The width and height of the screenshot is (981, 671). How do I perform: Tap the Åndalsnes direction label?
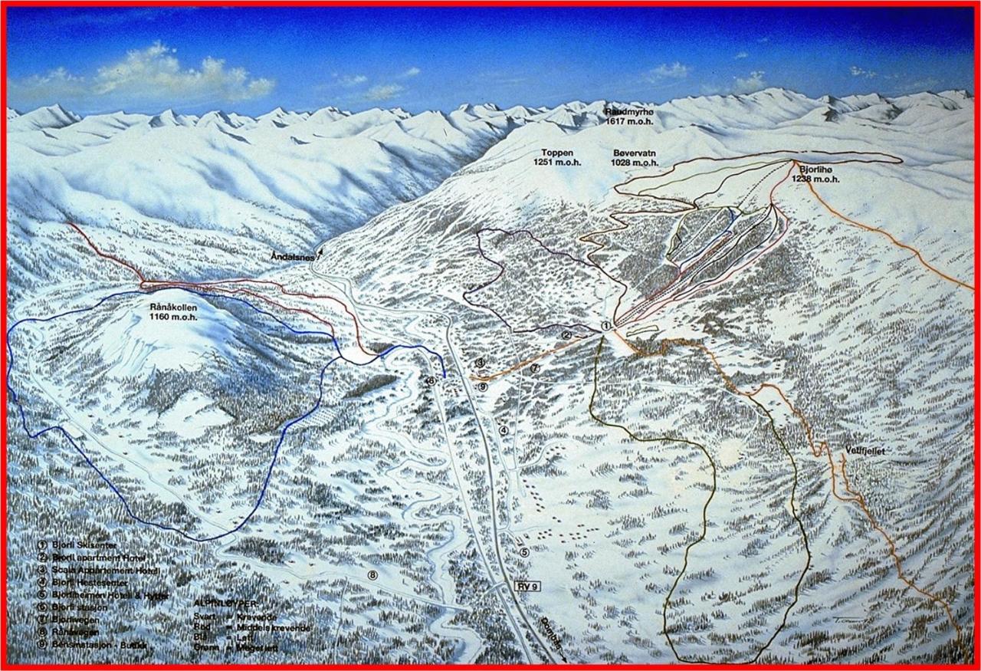[293, 258]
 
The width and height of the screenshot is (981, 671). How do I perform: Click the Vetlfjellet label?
[865, 452]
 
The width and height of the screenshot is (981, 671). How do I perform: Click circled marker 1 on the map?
[605, 326]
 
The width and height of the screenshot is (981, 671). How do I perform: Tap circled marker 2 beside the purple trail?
[566, 334]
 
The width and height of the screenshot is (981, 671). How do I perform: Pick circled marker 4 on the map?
[504, 430]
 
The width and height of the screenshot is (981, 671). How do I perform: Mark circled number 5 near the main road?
[524, 551]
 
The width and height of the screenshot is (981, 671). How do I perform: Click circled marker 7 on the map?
[535, 369]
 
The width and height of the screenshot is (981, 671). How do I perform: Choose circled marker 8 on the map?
[372, 575]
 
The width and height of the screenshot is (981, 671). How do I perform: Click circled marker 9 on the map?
[482, 387]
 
